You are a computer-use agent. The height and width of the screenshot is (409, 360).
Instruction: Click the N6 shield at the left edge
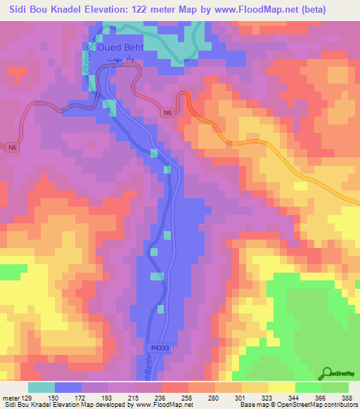(x=13, y=148)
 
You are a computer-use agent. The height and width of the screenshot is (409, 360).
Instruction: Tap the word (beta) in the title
(x=337, y=10)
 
